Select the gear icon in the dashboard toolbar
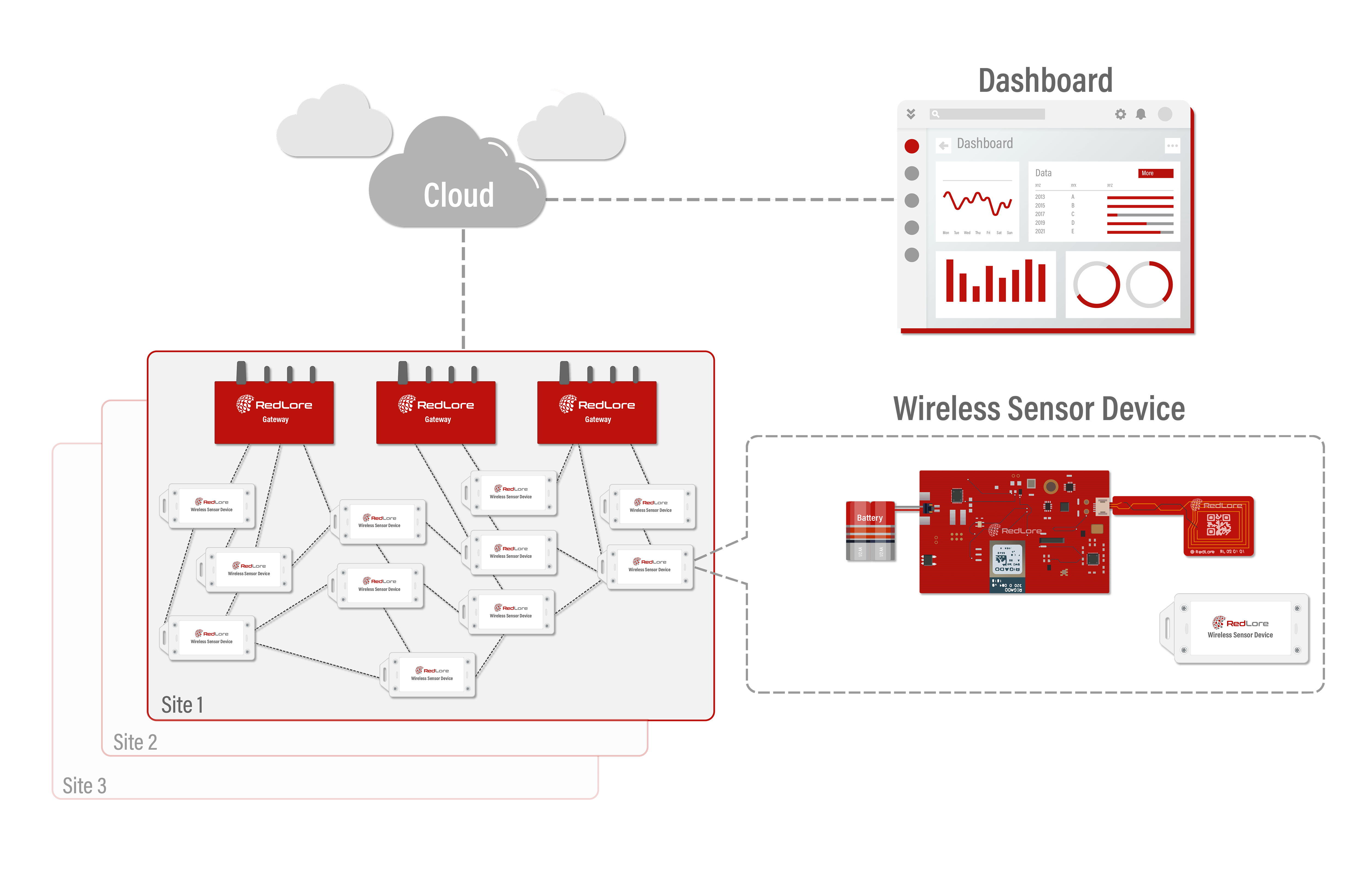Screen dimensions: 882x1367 click(1120, 114)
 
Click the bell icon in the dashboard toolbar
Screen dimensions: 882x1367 click(1141, 114)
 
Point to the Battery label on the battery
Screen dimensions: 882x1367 click(869, 518)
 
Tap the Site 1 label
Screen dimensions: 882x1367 click(182, 704)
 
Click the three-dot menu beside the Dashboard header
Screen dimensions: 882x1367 click(1172, 145)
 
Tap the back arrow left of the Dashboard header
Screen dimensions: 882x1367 click(943, 145)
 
